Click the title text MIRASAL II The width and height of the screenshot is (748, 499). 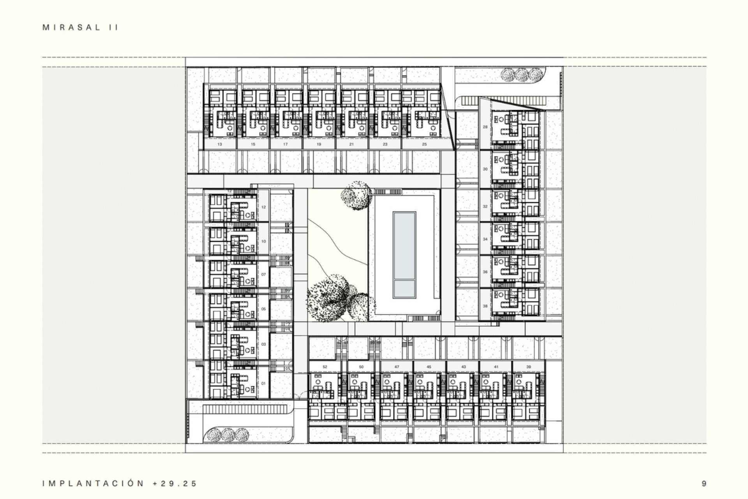[x=80, y=28]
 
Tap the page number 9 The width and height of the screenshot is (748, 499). [x=704, y=484]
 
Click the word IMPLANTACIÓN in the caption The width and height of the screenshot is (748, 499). [x=93, y=484]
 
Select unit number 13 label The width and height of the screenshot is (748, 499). [x=220, y=144]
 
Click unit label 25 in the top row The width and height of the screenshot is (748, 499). [x=424, y=144]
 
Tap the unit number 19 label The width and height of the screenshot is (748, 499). [x=319, y=144]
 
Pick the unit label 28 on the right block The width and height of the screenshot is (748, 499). [x=485, y=127]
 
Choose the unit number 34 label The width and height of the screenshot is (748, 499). [x=485, y=239]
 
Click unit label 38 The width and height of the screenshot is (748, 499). [x=485, y=306]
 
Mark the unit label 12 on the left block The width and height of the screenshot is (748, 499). [x=264, y=207]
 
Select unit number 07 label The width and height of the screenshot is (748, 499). [x=264, y=274]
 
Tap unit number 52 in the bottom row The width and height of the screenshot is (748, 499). [x=325, y=367]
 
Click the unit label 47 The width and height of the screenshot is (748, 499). [x=397, y=367]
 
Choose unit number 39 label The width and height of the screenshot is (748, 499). [x=528, y=367]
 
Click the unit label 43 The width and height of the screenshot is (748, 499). [x=463, y=367]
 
